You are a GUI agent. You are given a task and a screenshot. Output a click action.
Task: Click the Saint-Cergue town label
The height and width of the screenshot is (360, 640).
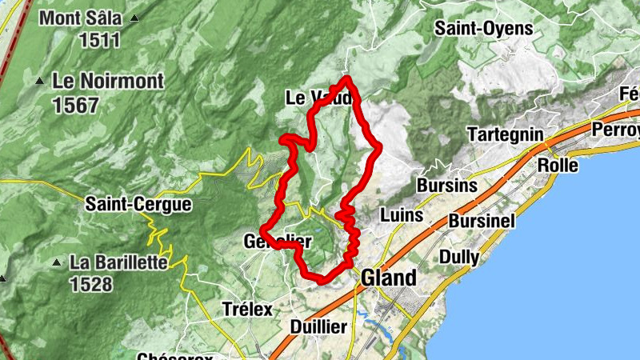pos(138,205)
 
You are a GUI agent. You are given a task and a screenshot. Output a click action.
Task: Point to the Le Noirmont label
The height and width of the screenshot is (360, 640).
pos(108,81)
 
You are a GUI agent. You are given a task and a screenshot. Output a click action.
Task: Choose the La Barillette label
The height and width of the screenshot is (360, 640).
pos(118,262)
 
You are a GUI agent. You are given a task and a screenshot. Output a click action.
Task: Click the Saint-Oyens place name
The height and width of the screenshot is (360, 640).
pos(483,28)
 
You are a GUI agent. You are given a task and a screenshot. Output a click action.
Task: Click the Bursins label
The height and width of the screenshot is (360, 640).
pos(446,186)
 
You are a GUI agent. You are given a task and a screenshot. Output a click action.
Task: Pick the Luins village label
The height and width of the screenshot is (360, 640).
pos(402,215)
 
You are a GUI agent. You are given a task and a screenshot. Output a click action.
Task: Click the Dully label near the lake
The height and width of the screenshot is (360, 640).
pos(459,258)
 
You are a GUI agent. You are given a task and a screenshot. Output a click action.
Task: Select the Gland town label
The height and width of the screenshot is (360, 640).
pos(389,278)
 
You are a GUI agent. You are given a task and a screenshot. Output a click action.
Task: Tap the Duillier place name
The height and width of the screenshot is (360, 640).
pos(318,326)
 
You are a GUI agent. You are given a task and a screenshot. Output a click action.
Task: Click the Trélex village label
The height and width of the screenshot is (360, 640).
pos(247,309)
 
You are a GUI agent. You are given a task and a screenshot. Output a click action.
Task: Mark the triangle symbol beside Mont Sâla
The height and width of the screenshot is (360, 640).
pos(134,18)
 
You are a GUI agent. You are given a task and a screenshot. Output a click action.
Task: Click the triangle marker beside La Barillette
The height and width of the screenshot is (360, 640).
pos(56,262)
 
